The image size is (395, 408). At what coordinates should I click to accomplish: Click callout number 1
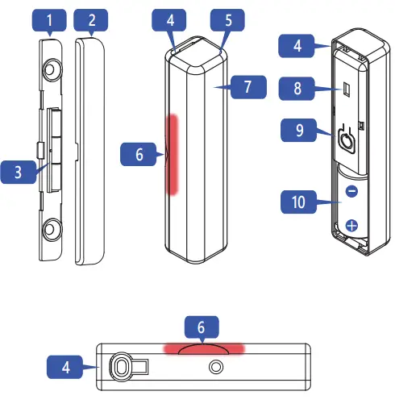point(51,19)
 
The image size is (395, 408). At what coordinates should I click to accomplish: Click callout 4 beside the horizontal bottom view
point(65,366)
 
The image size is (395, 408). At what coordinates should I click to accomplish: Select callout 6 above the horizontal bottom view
point(203,327)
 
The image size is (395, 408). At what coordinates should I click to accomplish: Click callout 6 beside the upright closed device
point(139,153)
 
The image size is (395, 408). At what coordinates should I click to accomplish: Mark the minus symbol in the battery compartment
point(351,192)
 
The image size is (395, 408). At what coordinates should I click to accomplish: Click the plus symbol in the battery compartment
point(351,226)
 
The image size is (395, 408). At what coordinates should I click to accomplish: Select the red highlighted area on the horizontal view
point(203,348)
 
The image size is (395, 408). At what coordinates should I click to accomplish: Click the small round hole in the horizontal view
point(215,367)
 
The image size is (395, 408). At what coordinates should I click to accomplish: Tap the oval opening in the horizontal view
point(123,368)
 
